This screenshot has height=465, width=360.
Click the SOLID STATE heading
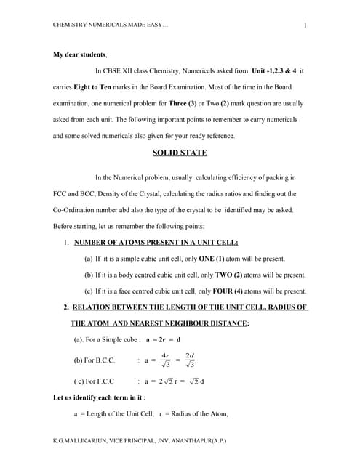180,153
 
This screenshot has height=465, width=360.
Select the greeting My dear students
80,54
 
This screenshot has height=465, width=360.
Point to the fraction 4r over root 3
167,360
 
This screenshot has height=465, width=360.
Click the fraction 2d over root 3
191,360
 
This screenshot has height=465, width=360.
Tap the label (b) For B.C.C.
97,360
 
